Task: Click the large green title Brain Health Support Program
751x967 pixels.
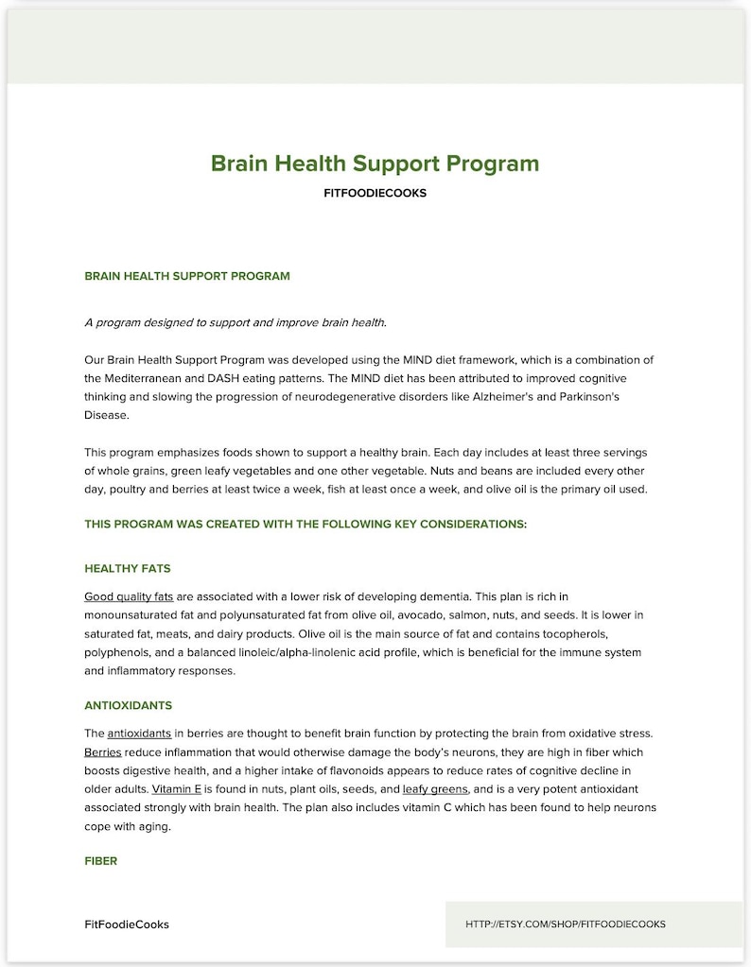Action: [375, 164]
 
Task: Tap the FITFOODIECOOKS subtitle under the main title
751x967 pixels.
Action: [375, 194]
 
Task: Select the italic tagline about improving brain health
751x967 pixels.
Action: [235, 322]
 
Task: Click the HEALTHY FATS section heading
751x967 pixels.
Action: [127, 569]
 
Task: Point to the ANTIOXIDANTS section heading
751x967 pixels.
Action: [128, 706]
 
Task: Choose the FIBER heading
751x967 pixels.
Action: [100, 861]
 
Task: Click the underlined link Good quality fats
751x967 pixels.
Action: [129, 596]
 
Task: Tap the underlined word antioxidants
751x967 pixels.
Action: [139, 734]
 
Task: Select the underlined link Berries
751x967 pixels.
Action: [102, 752]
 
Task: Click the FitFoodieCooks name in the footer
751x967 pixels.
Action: [127, 924]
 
